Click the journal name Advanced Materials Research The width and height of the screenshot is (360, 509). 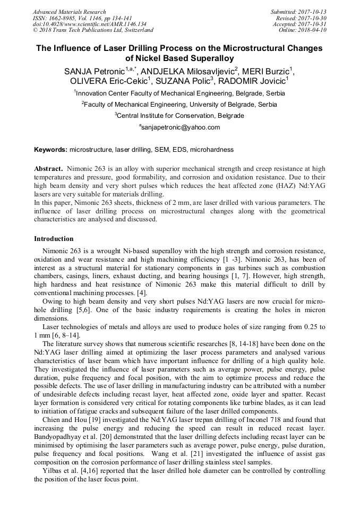[x=69, y=12]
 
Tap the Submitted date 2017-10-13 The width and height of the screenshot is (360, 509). [x=314, y=12]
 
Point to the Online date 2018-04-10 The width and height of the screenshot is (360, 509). [x=314, y=30]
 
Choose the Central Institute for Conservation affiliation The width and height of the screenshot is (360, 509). [x=181, y=115]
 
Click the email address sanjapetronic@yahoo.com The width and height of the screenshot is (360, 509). [x=181, y=127]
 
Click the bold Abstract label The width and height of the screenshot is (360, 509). [x=49, y=168]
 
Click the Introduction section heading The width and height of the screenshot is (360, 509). [x=54, y=239]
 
